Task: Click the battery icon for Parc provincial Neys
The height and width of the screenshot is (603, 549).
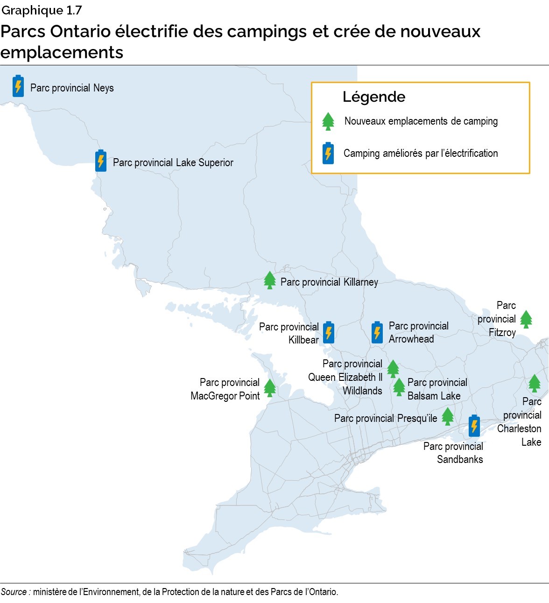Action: [x=18, y=86]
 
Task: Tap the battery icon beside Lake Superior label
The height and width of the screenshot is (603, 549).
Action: [x=101, y=161]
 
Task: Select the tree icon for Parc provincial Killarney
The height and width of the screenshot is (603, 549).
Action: [x=270, y=280]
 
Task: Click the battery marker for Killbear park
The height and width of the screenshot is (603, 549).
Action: [x=329, y=332]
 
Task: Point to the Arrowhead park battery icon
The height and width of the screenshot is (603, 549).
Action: [x=377, y=332]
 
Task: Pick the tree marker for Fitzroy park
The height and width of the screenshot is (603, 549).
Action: [x=526, y=319]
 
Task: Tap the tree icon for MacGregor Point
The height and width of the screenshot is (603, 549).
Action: [x=270, y=388]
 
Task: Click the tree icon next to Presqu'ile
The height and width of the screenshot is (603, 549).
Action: [x=448, y=416]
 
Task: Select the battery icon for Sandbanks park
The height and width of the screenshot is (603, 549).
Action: [x=474, y=425]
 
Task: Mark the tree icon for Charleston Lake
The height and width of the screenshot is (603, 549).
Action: [x=535, y=383]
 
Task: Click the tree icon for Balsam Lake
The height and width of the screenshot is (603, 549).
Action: [x=399, y=387]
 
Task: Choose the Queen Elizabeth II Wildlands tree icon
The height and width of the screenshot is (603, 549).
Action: [x=393, y=368]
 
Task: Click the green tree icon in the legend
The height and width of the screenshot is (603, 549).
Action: [x=329, y=121]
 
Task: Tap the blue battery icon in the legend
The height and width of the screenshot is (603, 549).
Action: [x=328, y=153]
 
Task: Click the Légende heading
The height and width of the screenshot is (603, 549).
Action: [x=374, y=97]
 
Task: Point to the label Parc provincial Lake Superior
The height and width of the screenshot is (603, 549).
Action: [x=173, y=162]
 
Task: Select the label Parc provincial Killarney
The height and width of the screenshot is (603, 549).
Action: [x=329, y=282]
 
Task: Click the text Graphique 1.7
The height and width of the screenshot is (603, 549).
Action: [x=42, y=10]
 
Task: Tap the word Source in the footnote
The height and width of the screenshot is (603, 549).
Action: [x=14, y=592]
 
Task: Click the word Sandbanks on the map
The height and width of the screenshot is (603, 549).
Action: [x=460, y=459]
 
